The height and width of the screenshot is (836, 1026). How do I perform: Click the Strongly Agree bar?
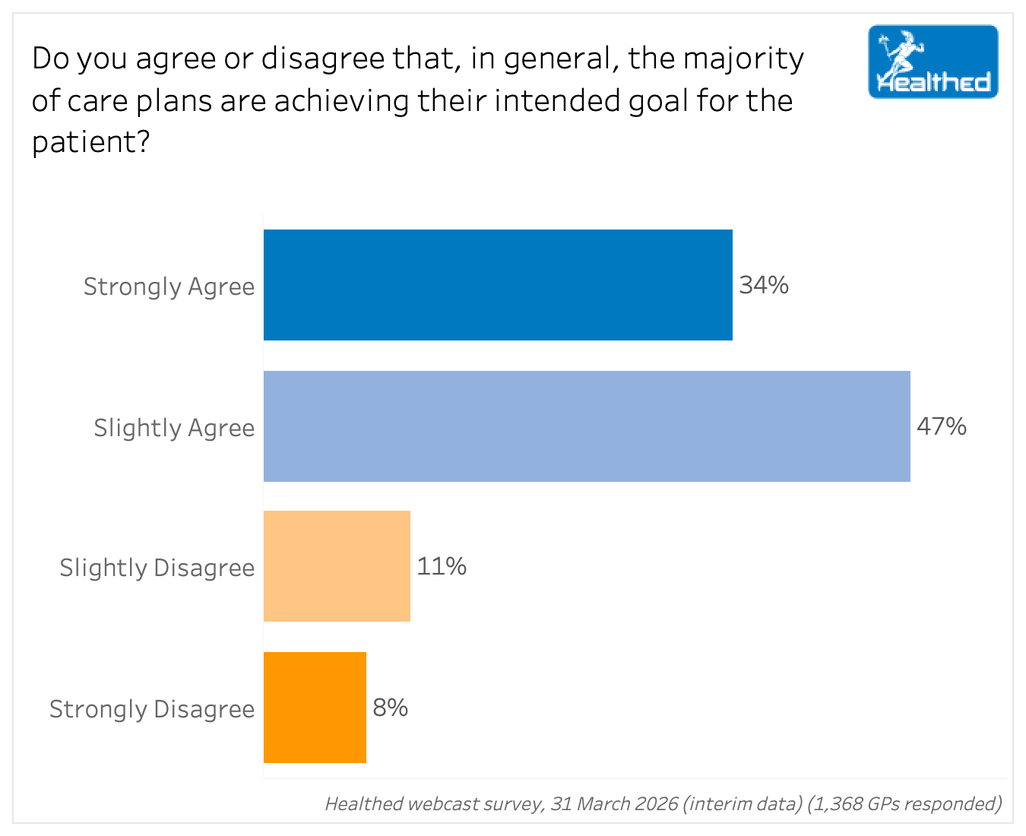pos(498,285)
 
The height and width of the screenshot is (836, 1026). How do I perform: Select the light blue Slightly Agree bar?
pos(587,426)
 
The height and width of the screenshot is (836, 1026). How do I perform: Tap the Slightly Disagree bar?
pos(337,566)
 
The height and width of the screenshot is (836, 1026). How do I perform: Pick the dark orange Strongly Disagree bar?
pos(315,708)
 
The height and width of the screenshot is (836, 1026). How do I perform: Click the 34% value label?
pos(764,285)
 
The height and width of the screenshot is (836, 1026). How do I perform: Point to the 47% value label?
pos(942,426)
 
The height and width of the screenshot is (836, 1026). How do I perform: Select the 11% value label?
pos(442,566)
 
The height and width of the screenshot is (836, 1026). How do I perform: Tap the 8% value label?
pos(390,708)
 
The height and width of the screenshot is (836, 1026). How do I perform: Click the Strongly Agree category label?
pos(169,287)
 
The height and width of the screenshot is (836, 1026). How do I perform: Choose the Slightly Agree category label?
pos(174,428)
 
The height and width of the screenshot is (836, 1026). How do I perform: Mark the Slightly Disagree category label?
pos(157,568)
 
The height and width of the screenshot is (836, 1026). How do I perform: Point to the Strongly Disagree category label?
pos(152,709)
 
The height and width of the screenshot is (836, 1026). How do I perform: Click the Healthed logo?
pos(933,62)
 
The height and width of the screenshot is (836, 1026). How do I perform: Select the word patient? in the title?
pos(90,142)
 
